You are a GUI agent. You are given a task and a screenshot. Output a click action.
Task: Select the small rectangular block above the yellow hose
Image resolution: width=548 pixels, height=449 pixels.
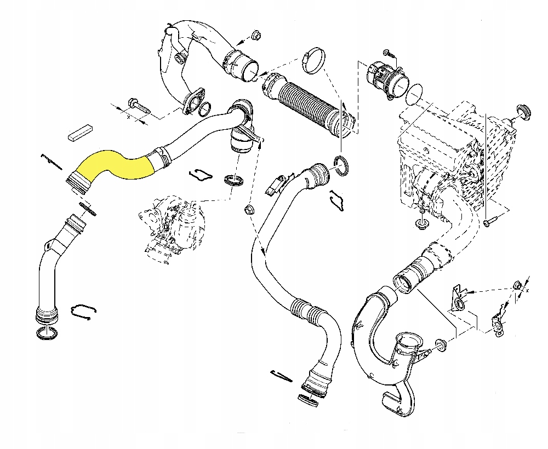81,133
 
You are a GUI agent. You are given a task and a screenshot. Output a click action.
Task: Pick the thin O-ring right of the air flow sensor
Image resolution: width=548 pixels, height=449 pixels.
415,94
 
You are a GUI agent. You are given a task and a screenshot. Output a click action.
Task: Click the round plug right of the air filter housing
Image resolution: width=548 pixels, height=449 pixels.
523,112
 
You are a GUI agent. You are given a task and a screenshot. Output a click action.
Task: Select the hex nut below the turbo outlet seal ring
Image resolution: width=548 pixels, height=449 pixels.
249,210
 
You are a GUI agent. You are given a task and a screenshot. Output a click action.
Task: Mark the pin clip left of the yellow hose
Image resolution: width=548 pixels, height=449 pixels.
53,163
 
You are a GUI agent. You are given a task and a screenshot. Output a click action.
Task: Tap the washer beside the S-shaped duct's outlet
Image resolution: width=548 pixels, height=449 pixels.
441,345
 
